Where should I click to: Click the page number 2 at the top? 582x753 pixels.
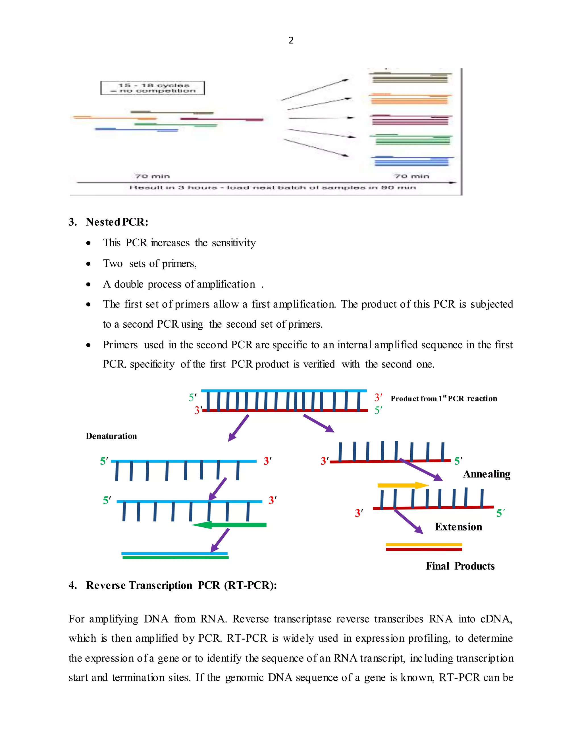[x=291, y=40]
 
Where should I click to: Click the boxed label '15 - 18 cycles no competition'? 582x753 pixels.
[x=153, y=88]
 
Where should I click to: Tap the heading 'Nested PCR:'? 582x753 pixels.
[x=117, y=222]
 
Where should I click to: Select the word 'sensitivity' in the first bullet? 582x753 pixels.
[x=234, y=243]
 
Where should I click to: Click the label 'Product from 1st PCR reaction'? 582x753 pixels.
[x=444, y=399]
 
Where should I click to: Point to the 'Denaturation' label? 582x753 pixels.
[x=111, y=436]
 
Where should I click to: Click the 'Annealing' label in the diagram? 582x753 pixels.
[x=487, y=474]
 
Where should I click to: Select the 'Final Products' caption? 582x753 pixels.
[x=460, y=566]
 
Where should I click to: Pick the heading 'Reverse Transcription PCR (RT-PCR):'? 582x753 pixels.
[x=181, y=585]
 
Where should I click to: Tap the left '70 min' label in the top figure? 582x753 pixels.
[x=152, y=176]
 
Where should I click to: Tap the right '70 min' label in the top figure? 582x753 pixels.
[x=412, y=176]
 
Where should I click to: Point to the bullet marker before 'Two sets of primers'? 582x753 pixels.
[x=89, y=264]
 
